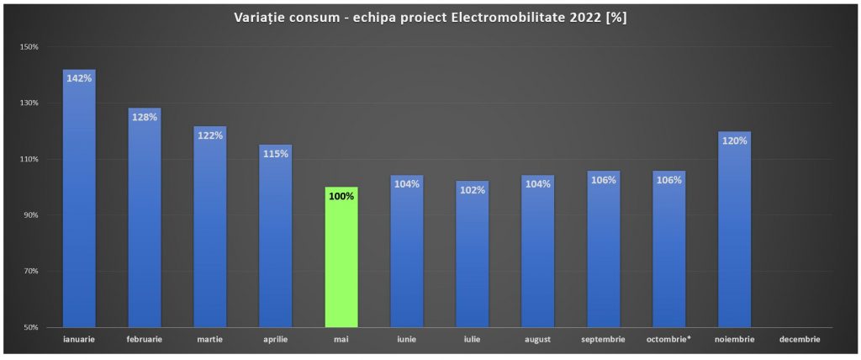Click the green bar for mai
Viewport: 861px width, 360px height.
click(x=341, y=257)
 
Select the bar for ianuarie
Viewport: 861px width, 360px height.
click(x=79, y=199)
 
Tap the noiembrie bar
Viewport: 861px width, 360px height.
click(x=734, y=229)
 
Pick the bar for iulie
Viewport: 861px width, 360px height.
click(x=473, y=254)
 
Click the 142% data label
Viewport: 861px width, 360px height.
click(x=79, y=78)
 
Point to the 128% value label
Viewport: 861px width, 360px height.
click(x=145, y=117)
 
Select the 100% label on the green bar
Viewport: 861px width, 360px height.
click(x=341, y=196)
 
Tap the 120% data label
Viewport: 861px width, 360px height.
click(x=734, y=140)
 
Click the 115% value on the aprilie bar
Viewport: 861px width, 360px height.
click(x=276, y=154)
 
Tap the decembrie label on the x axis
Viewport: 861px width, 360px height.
click(x=800, y=340)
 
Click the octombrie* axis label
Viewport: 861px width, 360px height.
click(x=668, y=340)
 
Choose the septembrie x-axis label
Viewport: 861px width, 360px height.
click(x=604, y=340)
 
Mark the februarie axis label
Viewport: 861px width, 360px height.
click(x=145, y=340)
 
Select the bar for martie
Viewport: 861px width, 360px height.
click(x=209, y=227)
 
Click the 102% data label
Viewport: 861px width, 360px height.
click(x=473, y=190)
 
